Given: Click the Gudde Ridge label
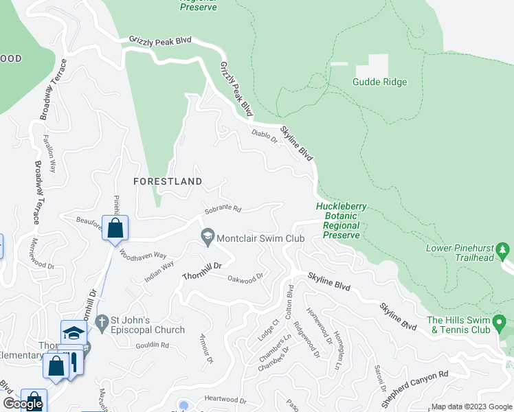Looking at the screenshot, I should [x=379, y=82].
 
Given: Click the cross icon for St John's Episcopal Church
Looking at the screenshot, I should [x=101, y=321].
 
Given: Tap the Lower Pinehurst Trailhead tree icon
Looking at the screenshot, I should [x=505, y=249].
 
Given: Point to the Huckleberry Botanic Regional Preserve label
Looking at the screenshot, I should [x=342, y=220].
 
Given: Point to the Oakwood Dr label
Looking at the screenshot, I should [x=245, y=278].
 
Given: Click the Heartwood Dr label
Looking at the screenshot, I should [x=225, y=400].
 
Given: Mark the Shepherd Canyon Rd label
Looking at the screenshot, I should [x=414, y=385].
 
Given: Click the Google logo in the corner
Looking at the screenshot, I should [x=23, y=404].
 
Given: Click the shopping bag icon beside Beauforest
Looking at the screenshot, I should [x=115, y=229].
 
